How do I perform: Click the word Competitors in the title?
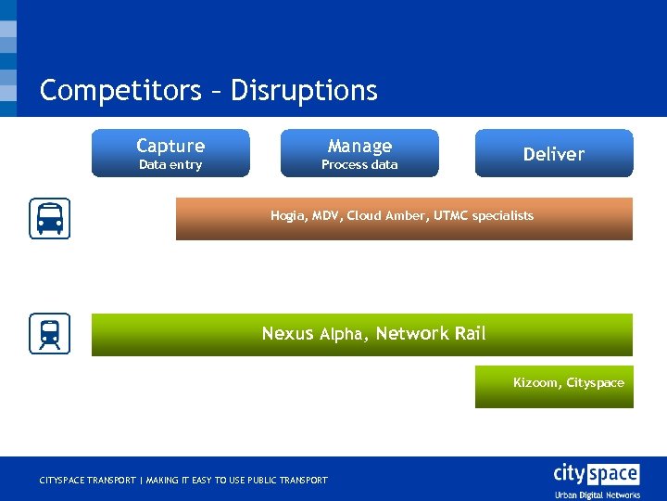(x=120, y=90)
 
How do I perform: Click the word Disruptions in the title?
(x=304, y=90)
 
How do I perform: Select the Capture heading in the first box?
(x=170, y=146)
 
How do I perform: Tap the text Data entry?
(x=170, y=165)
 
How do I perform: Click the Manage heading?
(x=359, y=146)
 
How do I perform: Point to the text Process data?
(x=359, y=165)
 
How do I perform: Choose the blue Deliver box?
(x=554, y=154)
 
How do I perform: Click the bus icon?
(x=49, y=219)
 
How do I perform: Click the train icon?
(x=49, y=334)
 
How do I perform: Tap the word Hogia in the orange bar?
(x=287, y=215)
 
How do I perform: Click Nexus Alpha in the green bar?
(x=314, y=334)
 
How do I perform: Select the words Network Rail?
(x=431, y=334)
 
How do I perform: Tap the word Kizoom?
(x=535, y=382)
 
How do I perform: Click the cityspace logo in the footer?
(x=596, y=474)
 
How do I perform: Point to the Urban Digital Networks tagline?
(x=598, y=495)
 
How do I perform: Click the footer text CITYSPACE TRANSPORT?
(x=87, y=481)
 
